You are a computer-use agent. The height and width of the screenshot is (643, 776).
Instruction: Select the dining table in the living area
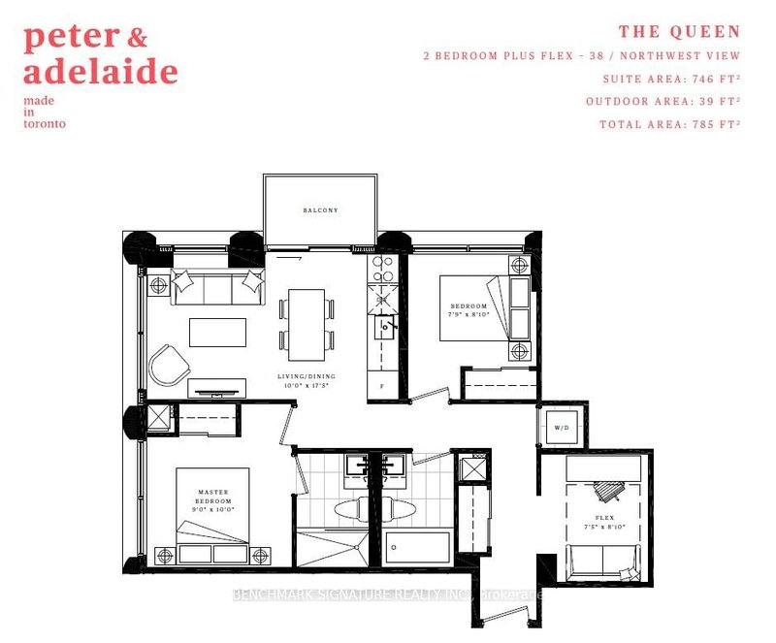tap(307, 319)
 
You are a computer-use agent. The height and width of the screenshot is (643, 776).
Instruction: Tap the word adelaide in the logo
tap(101, 71)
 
